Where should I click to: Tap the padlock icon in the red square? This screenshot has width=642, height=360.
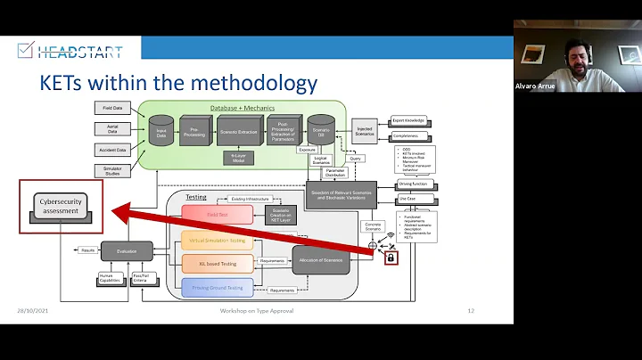[x=390, y=258]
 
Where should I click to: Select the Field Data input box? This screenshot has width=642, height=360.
[x=113, y=107]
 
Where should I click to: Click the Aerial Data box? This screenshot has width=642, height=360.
[x=113, y=128]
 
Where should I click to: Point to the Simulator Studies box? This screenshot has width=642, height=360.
[x=113, y=170]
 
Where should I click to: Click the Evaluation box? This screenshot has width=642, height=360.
[x=127, y=251]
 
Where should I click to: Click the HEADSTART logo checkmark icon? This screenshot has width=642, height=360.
[x=25, y=50]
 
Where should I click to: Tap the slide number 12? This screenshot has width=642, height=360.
[x=471, y=311]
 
